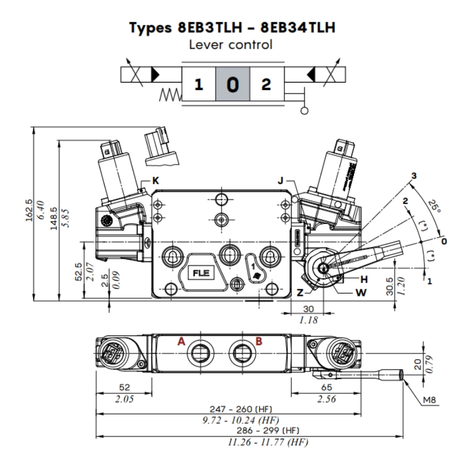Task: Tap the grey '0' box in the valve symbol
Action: coord(233,85)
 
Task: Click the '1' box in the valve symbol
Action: coord(199,85)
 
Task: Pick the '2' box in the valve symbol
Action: coord(266,85)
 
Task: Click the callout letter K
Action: coord(155,181)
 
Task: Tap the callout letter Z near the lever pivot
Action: coord(300,293)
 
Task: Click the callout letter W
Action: coord(362,292)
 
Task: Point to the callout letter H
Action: coord(364,279)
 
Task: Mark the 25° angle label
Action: coord(434,206)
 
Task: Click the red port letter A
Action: coord(181,342)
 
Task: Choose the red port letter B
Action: coord(259,342)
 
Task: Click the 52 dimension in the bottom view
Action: coord(124,387)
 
